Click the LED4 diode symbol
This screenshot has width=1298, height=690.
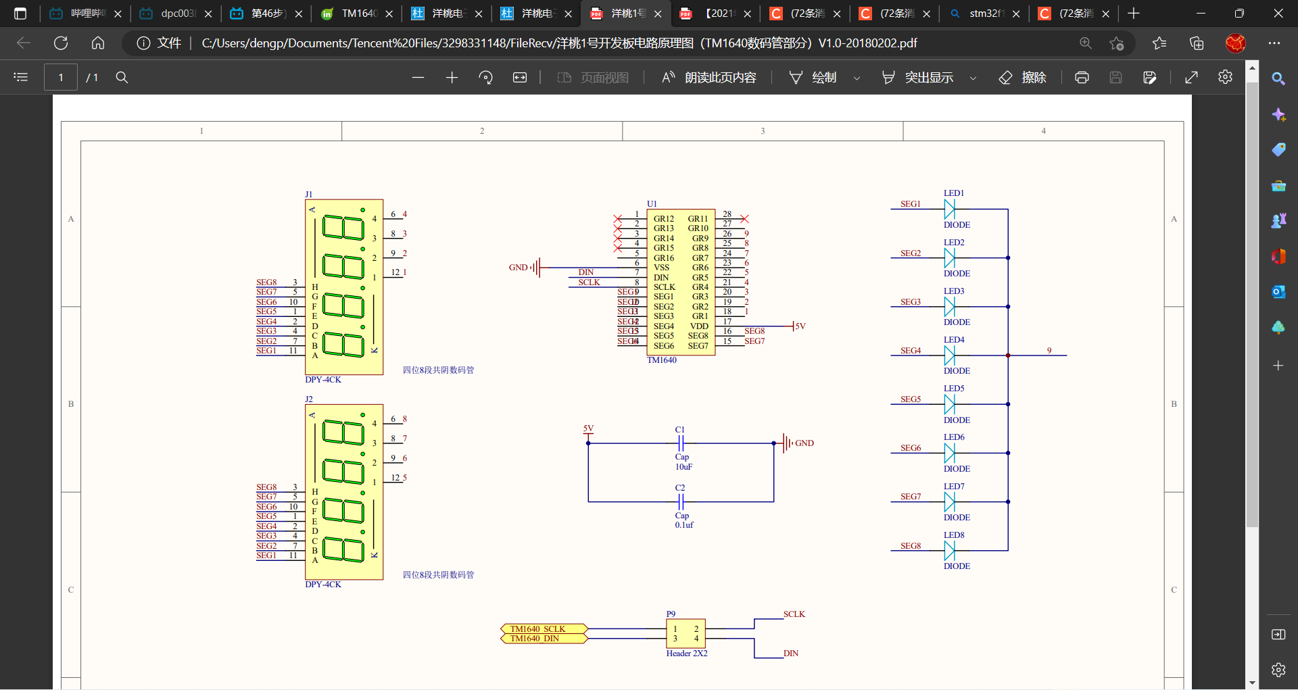click(x=949, y=355)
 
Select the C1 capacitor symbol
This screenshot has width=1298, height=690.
click(x=681, y=443)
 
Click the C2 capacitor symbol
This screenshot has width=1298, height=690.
click(x=681, y=501)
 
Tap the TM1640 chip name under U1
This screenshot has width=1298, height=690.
click(x=661, y=360)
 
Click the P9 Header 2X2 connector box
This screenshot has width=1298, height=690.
click(x=686, y=633)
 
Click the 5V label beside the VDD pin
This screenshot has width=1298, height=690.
click(x=800, y=326)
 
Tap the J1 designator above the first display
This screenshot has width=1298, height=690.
click(x=309, y=195)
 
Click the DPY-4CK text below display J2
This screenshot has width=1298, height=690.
click(x=323, y=585)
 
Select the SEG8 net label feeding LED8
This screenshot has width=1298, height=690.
click(x=910, y=546)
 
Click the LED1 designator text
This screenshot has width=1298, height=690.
click(x=953, y=193)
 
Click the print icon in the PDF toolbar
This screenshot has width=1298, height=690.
click(x=1082, y=78)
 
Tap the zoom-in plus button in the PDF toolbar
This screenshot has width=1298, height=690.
click(x=452, y=78)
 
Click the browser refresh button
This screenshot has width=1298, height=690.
click(x=61, y=43)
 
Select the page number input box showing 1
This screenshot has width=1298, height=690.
click(x=61, y=78)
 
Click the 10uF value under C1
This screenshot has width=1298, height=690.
click(x=683, y=467)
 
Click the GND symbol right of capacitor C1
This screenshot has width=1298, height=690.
click(x=788, y=443)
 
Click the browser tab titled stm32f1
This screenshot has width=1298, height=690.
click(x=984, y=14)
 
